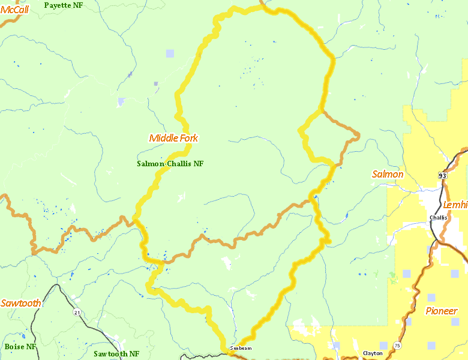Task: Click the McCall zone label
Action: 14,9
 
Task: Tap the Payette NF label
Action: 64,5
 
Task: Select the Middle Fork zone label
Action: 173,138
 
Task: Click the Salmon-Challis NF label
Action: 170,163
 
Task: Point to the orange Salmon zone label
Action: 388,174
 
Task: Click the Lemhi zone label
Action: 455,205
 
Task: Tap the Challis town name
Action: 438,217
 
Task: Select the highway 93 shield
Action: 443,175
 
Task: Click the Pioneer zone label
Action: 441,311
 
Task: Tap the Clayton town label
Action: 373,353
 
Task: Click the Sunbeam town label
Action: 241,348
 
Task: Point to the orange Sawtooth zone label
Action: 21,303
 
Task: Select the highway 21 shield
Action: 77,313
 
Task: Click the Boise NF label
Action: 20,347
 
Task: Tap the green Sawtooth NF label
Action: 116,354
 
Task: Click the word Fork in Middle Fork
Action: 188,138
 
